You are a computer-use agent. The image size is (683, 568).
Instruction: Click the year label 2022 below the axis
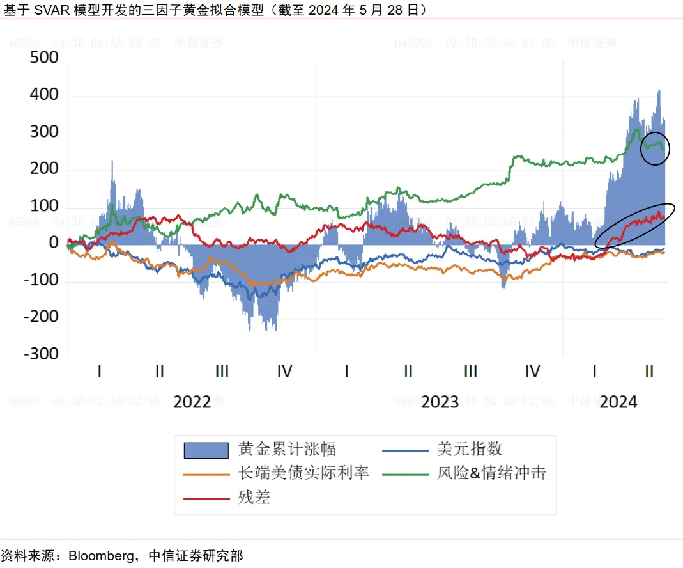(x=192, y=402)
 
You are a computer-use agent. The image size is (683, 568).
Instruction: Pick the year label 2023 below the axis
(x=440, y=402)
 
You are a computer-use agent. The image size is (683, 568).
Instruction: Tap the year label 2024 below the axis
(x=618, y=402)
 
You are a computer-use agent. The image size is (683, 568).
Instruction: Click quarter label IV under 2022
(x=284, y=371)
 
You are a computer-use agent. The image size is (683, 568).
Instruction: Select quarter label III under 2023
(x=470, y=371)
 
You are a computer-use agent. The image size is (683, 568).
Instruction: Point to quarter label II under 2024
(x=649, y=371)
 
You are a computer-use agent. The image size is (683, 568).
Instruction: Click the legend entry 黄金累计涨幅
(x=287, y=449)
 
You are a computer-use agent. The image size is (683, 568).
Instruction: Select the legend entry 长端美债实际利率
(x=303, y=473)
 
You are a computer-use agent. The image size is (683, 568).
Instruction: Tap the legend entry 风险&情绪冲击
(x=491, y=473)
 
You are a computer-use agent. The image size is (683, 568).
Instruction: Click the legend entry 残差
(x=254, y=497)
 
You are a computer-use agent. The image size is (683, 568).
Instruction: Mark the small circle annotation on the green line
(x=656, y=148)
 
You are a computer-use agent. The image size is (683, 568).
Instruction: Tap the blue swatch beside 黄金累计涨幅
(x=206, y=450)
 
